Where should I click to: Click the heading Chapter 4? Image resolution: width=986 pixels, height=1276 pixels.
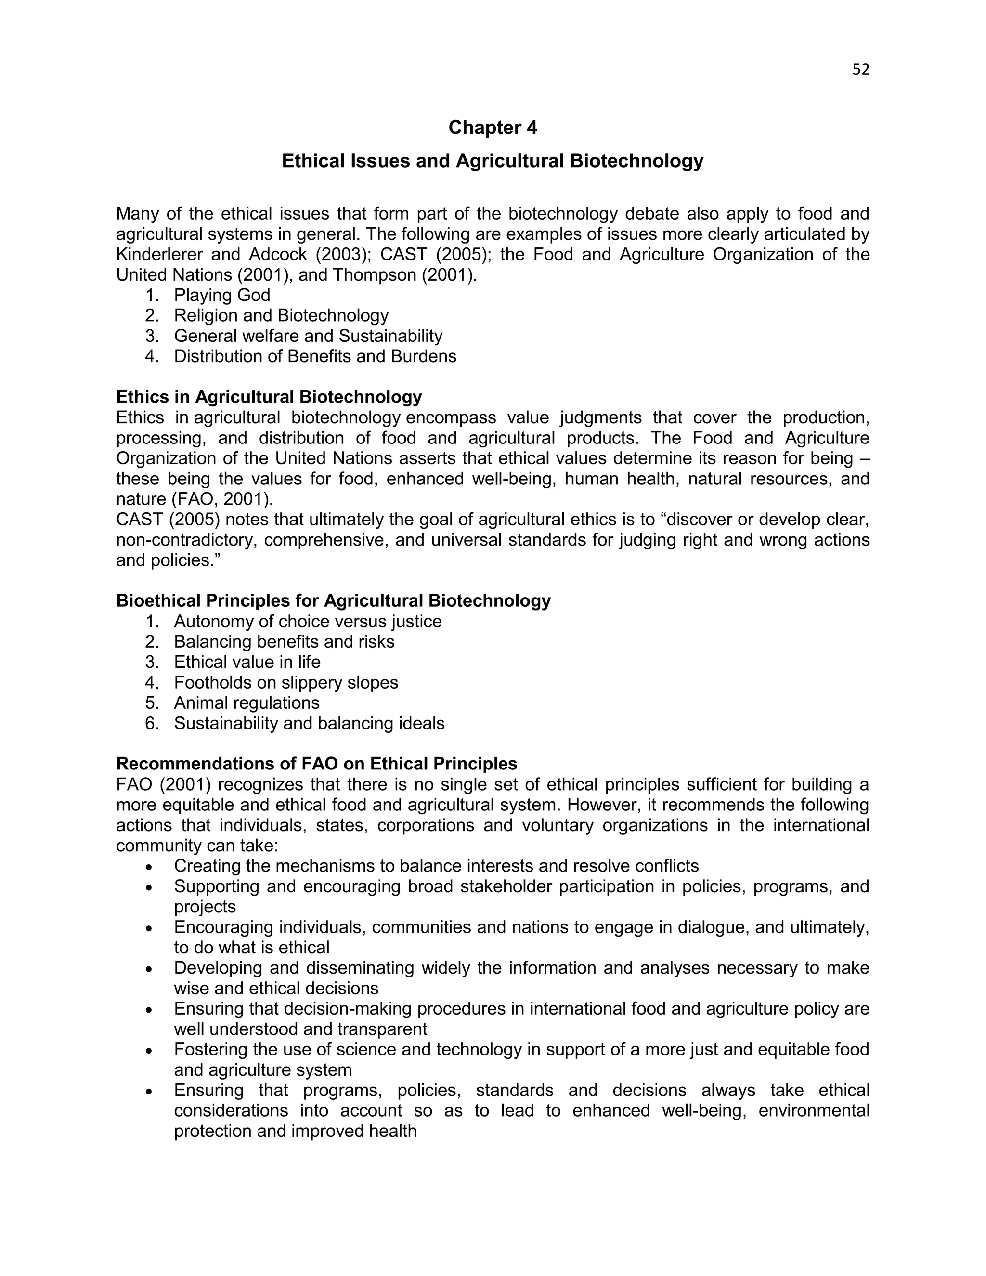click(493, 128)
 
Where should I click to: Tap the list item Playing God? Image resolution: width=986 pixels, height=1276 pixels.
click(222, 295)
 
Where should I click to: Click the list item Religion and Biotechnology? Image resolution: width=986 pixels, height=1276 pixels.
click(281, 315)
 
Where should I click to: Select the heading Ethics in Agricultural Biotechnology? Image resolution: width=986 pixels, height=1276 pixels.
click(269, 397)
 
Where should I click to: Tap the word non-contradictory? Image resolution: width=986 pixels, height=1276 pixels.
click(187, 540)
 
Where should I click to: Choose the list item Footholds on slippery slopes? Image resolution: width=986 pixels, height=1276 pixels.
click(285, 682)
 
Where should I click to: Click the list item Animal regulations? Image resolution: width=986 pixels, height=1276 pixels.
click(246, 703)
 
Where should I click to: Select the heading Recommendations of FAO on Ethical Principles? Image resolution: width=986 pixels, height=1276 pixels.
click(317, 764)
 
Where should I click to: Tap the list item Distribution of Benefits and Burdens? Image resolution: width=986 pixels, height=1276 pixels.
click(315, 356)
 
